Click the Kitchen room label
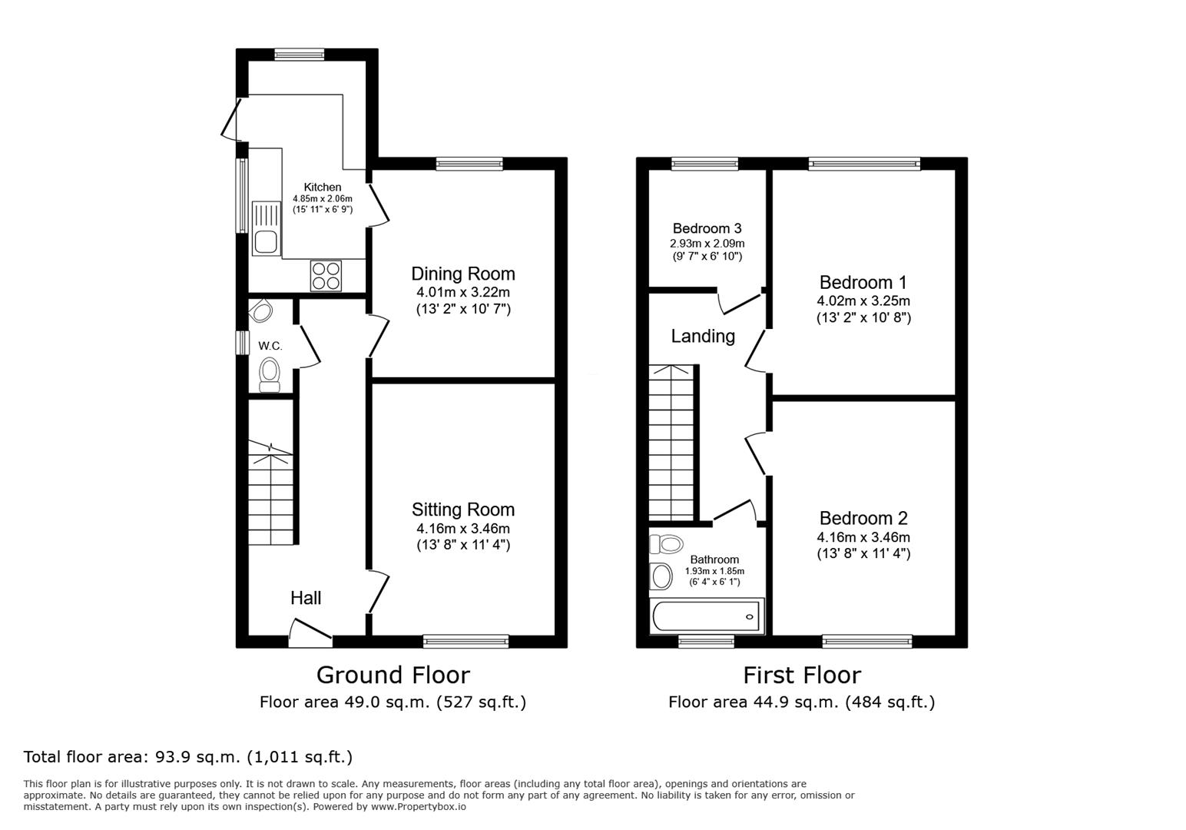(x=322, y=187)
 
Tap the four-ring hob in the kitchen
(x=326, y=276)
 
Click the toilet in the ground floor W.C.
(x=269, y=373)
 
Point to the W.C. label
(x=270, y=346)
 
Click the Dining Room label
(x=462, y=274)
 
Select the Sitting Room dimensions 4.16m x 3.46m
(x=462, y=528)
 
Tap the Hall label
(x=306, y=598)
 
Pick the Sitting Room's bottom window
(x=465, y=641)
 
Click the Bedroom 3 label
(x=707, y=228)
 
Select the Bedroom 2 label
(x=863, y=518)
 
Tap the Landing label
(x=703, y=336)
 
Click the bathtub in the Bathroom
(x=705, y=616)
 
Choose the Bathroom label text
(x=714, y=559)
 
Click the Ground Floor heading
(x=393, y=675)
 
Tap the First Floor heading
(x=801, y=675)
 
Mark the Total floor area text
(x=188, y=756)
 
